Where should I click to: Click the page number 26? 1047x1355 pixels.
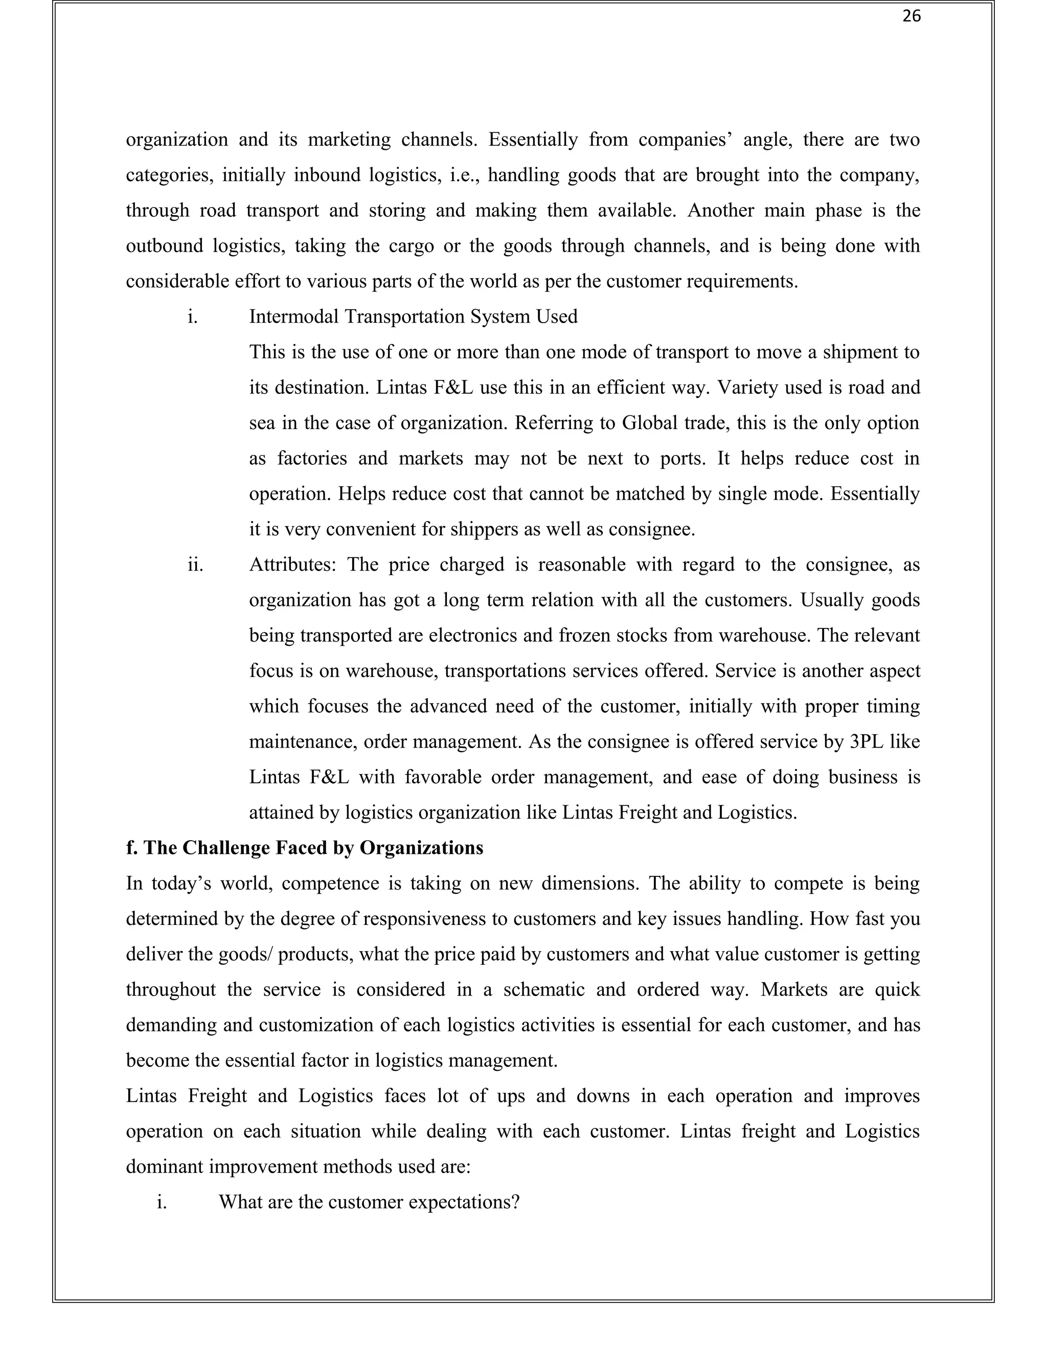[x=911, y=17]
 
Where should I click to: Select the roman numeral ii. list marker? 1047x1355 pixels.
[x=195, y=565]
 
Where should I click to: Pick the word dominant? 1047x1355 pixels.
[x=165, y=1167]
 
